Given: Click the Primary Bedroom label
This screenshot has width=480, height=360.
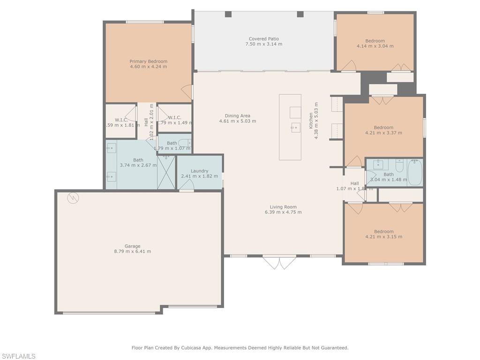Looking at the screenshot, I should tap(148, 61).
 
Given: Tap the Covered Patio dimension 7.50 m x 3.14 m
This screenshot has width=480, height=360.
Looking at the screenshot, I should tap(263, 44).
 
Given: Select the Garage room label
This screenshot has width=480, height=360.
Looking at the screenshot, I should tap(132, 246).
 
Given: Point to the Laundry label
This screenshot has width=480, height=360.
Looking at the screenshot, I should tap(199, 171).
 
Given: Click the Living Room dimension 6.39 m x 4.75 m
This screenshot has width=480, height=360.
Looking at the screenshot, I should tap(283, 212).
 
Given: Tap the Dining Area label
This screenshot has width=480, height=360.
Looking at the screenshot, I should tap(238, 116).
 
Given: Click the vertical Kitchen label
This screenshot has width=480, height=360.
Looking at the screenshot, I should tap(311, 120).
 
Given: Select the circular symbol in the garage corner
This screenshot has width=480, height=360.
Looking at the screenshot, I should tap(73, 198).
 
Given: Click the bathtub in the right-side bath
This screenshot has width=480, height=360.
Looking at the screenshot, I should tap(415, 173).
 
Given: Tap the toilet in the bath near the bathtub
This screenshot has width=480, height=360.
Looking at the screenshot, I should tap(399, 165).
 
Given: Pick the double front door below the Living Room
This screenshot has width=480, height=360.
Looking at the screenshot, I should tap(279, 262).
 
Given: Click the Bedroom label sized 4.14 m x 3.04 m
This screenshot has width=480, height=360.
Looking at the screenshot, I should tap(375, 41).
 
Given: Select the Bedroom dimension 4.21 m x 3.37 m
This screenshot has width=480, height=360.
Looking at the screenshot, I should tap(383, 133).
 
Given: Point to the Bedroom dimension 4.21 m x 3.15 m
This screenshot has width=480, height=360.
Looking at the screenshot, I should tap(383, 237).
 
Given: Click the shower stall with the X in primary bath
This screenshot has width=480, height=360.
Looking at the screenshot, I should tap(166, 172).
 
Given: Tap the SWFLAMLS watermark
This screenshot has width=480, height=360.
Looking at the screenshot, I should tap(18, 356).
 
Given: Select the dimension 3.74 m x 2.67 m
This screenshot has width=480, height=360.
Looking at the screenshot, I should tap(138, 165).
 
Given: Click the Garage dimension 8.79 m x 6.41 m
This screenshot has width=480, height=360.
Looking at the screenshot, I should tap(132, 251).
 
